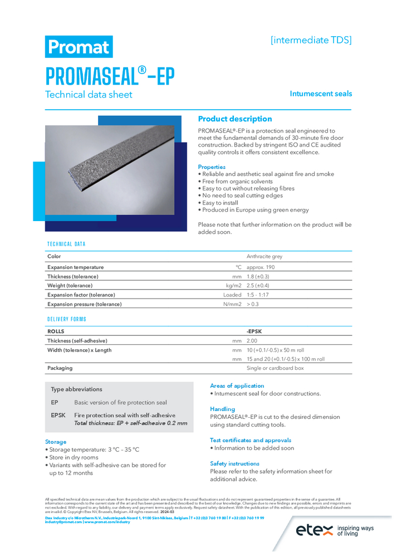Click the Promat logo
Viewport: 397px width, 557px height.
79,47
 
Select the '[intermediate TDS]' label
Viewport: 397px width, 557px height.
311,40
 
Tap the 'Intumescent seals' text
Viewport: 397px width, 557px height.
320,94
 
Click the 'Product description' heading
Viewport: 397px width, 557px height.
235,119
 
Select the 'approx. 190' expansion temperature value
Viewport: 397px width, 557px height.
261,267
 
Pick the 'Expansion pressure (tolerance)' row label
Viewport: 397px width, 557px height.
84,304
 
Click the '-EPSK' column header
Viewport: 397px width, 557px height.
254,331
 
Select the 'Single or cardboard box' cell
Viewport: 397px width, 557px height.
275,368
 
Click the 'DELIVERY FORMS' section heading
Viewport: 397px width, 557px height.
67,319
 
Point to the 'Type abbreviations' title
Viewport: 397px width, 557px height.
76,389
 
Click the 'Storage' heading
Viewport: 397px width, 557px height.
56,442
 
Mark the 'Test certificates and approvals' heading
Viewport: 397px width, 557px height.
251,440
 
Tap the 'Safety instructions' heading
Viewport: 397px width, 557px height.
234,463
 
